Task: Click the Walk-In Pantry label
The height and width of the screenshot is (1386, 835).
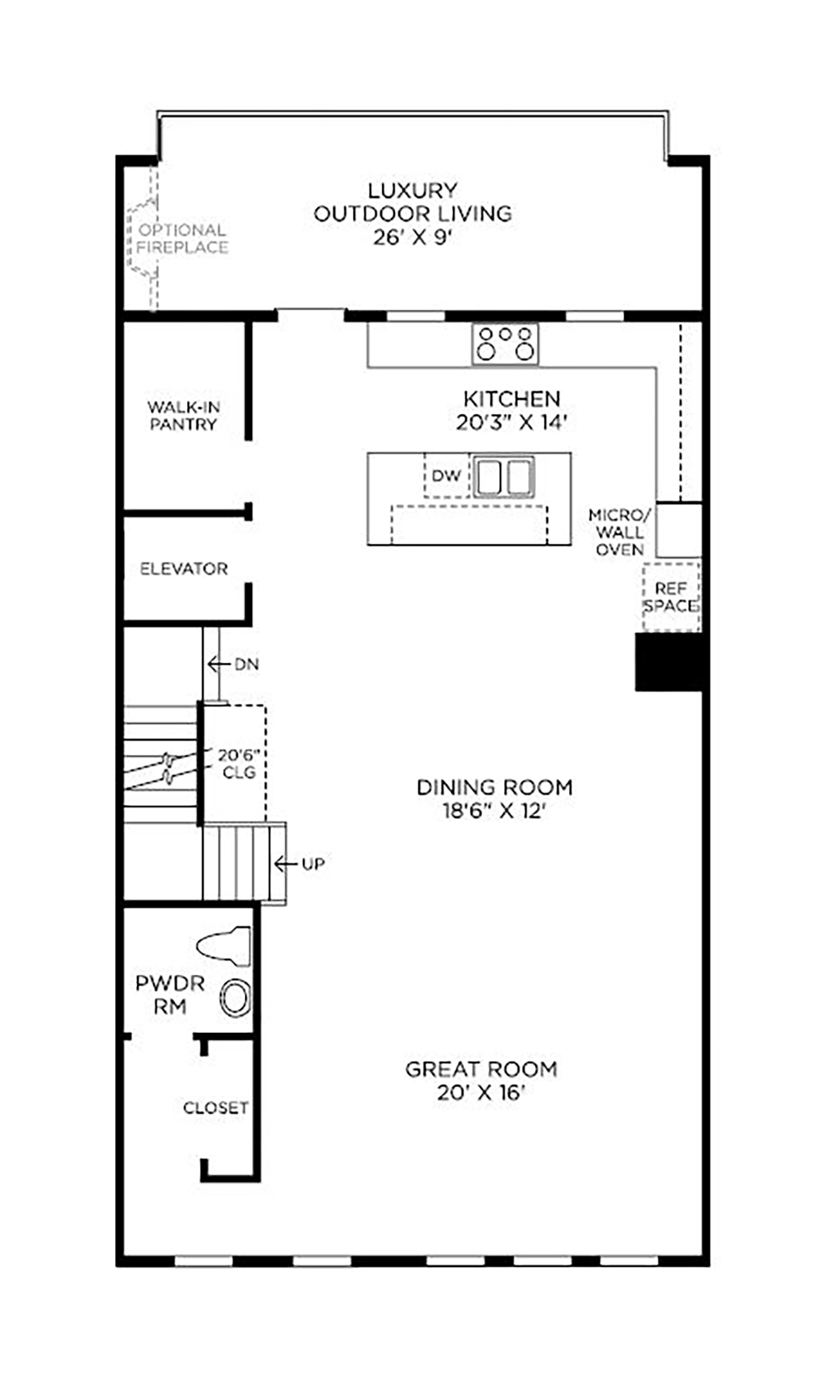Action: tap(183, 416)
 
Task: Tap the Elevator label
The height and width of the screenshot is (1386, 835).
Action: tap(184, 569)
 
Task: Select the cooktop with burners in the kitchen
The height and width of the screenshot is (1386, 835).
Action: tap(506, 344)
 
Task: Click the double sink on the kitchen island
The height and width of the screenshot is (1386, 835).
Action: tap(504, 476)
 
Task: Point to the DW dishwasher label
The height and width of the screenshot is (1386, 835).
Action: tap(446, 476)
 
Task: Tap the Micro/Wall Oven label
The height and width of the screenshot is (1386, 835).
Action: tap(619, 532)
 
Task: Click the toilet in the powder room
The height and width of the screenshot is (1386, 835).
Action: tap(224, 946)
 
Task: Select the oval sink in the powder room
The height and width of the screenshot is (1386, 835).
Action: tap(236, 998)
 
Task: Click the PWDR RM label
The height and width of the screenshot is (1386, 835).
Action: tap(170, 995)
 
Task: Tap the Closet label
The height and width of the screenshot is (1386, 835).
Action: tap(216, 1108)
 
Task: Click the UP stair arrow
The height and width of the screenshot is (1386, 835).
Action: tap(286, 864)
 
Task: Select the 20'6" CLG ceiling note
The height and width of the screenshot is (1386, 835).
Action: tap(238, 763)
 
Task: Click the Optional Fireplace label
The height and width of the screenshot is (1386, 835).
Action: tap(182, 239)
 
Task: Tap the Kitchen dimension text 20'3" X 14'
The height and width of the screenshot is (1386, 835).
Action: tap(512, 423)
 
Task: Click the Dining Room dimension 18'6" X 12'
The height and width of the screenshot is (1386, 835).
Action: tap(495, 811)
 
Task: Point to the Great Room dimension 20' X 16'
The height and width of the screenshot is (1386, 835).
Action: tap(481, 1093)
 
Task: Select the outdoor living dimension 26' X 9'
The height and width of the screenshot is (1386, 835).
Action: tap(412, 237)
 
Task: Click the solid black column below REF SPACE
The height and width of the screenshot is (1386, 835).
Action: tap(669, 662)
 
